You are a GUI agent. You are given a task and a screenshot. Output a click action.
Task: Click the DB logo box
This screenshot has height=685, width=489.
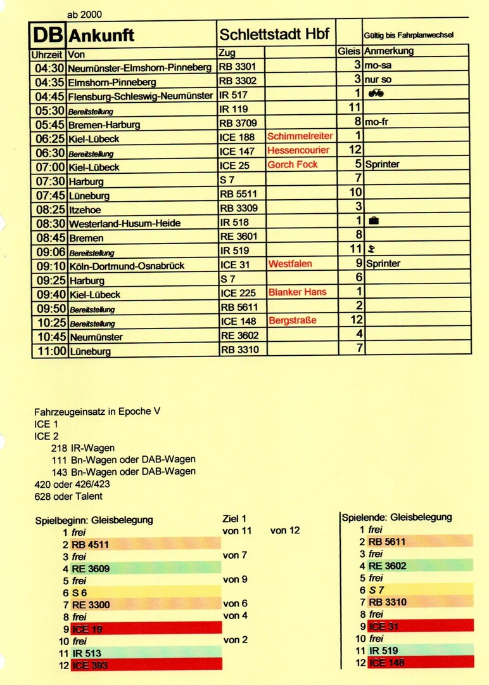pos(48,34)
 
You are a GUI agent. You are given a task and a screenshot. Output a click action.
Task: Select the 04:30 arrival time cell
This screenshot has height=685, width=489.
pos(49,67)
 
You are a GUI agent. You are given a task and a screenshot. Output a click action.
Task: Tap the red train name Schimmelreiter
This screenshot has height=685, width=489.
pos(300,136)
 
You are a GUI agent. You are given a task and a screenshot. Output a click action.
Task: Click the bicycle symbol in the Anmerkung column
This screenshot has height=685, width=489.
pos(376,93)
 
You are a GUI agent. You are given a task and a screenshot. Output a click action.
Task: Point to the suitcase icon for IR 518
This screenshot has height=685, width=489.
pos(374,221)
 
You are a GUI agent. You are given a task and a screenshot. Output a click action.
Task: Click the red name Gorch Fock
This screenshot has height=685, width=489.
pos(292,165)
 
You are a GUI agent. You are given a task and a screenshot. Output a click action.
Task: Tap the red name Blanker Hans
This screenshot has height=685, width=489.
pos(297,292)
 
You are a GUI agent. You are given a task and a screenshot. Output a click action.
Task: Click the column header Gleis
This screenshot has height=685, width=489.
pos(348,51)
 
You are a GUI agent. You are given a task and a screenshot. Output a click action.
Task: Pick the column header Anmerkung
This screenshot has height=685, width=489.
pos(389,51)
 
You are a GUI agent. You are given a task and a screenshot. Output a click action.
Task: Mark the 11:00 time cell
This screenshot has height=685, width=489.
pos(49,350)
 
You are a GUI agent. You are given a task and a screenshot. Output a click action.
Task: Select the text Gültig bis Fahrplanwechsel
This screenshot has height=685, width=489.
pos(409,36)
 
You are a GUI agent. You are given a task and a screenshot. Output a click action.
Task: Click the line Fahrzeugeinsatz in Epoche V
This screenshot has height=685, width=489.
pos(97,412)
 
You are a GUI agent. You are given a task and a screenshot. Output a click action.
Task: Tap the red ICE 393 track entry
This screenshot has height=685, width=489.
pos(89,665)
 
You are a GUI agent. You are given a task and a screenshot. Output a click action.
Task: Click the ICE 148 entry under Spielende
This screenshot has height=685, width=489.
pos(386,663)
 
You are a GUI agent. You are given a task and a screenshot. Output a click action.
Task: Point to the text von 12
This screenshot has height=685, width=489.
pos(284,530)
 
